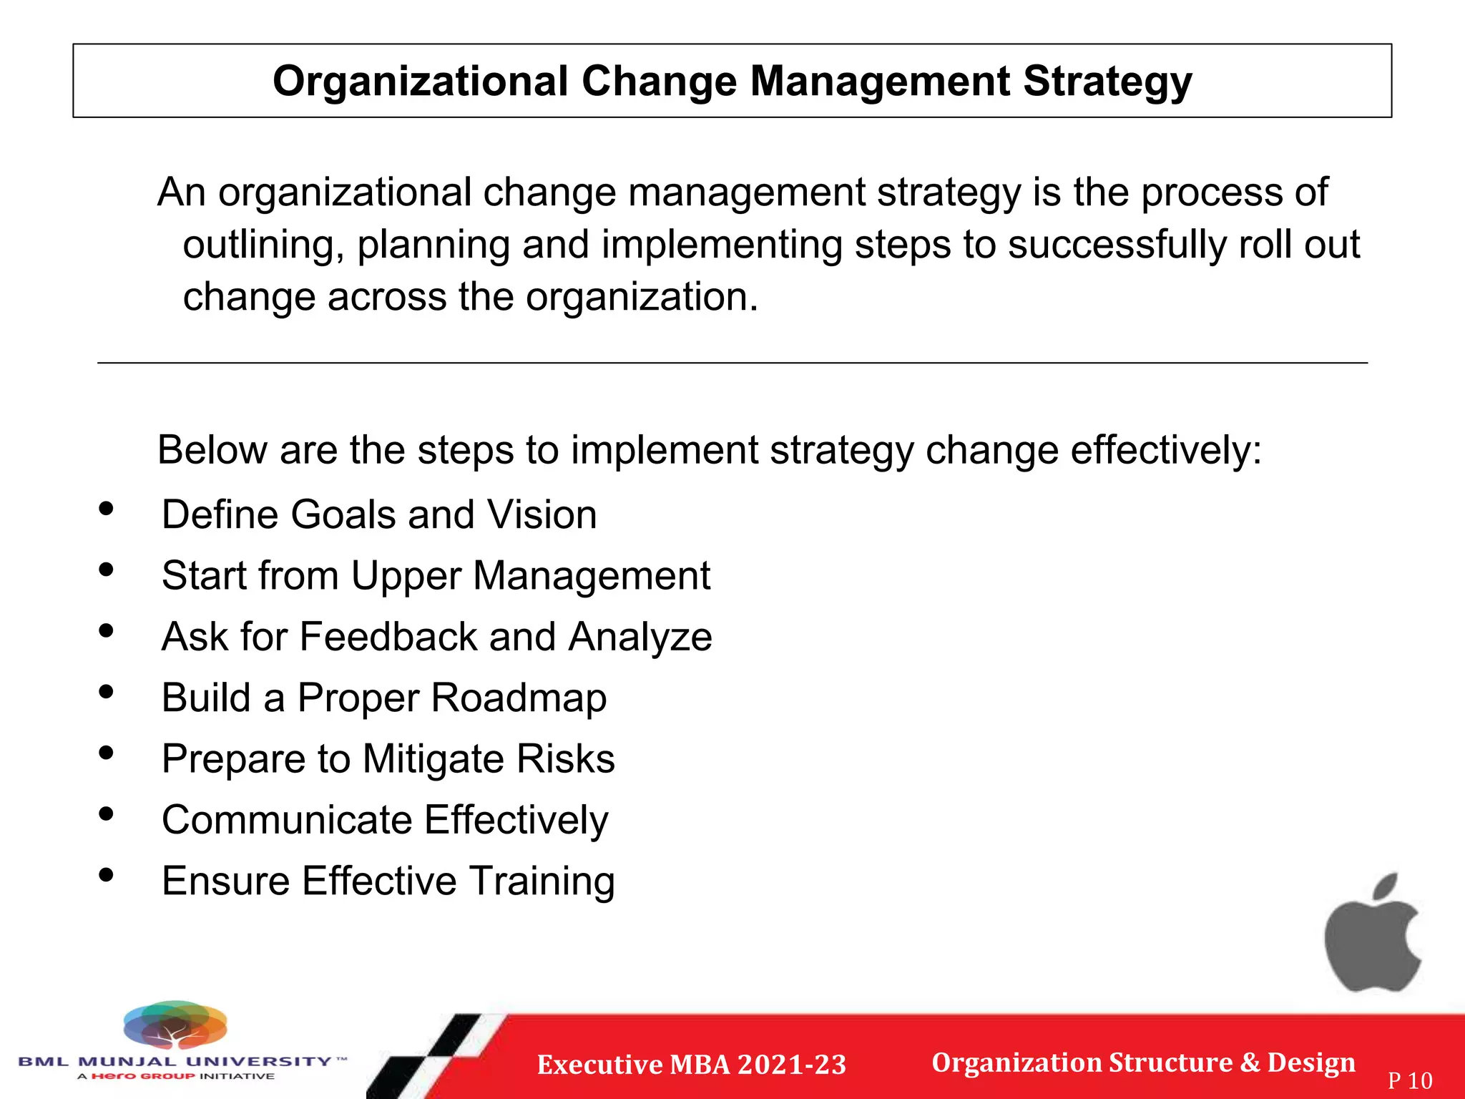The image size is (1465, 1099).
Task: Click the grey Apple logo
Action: [x=1372, y=934]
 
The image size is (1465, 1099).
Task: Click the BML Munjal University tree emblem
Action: [x=175, y=1025]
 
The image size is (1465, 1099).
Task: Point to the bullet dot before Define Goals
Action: [x=107, y=509]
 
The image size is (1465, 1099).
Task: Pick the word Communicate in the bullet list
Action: [x=286, y=820]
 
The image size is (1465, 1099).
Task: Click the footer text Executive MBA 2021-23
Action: [x=691, y=1065]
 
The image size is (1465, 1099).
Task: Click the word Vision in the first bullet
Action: [x=542, y=515]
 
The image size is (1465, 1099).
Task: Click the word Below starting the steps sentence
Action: [x=212, y=451]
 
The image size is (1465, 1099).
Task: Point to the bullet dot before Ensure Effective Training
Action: [x=107, y=875]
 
